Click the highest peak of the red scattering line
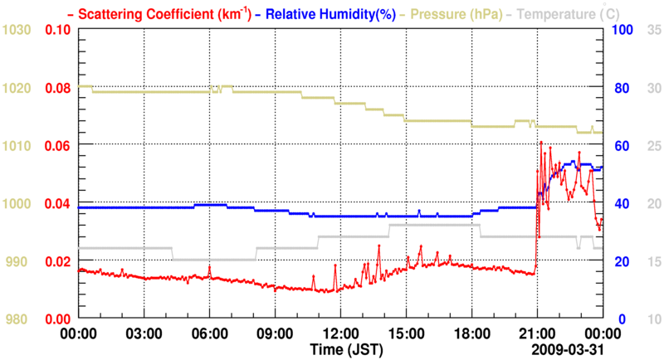[541, 143]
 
